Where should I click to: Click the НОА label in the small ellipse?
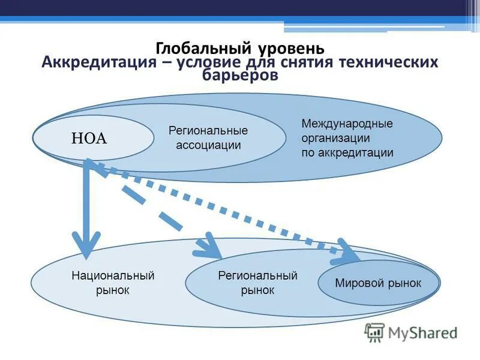89,139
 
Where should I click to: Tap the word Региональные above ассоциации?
208,130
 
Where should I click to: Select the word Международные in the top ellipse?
347,124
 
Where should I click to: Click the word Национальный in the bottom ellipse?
113,275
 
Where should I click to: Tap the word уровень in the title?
292,48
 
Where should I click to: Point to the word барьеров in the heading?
240,76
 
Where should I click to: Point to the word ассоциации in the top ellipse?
208,145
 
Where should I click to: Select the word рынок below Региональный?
257,290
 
